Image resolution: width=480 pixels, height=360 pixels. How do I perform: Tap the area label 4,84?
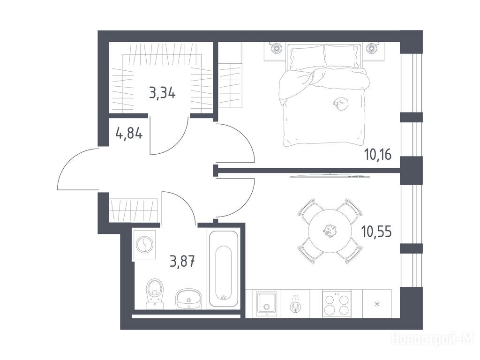point(129,133)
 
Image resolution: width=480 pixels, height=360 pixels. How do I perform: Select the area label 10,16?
point(378,154)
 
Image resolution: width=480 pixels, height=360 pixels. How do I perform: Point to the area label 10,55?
point(376,232)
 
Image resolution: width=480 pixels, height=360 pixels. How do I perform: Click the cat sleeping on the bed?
point(341,104)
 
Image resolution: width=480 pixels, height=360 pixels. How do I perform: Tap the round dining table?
point(330,231)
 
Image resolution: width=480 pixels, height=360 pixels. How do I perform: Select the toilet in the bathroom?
point(155,293)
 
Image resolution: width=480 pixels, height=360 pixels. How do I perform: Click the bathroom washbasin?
point(189,299)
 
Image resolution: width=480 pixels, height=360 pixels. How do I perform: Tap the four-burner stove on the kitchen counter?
point(337,303)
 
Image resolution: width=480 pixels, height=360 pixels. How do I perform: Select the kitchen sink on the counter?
point(267,303)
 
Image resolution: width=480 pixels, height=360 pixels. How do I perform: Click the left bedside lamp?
point(276,48)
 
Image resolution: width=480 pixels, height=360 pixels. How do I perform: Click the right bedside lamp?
point(372,48)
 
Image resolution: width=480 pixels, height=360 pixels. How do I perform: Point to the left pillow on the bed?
point(307,57)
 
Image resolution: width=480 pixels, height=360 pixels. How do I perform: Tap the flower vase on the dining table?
point(329,231)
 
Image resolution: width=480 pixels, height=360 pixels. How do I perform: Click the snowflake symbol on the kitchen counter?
point(377,304)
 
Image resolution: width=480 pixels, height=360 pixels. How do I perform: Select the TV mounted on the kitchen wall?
point(330,176)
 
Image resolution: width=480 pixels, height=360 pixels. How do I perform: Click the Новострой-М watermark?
point(433,338)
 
